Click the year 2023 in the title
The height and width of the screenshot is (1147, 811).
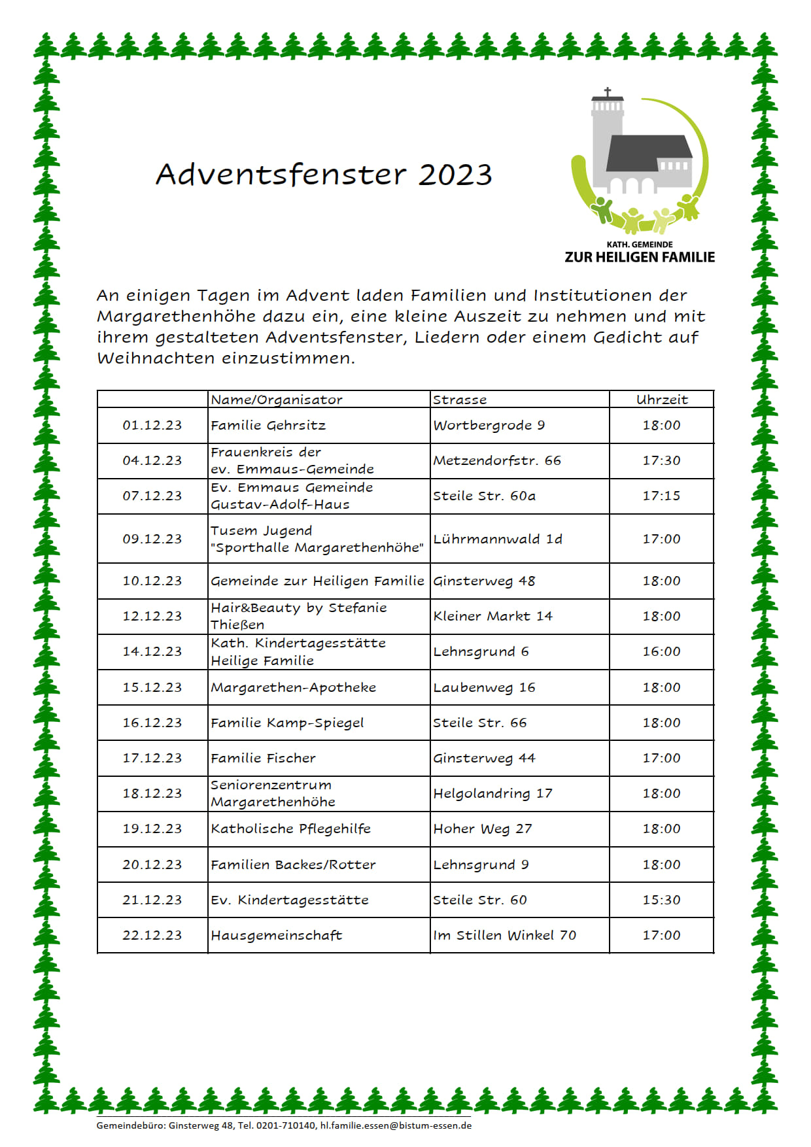click(455, 175)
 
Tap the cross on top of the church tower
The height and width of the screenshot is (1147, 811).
click(608, 93)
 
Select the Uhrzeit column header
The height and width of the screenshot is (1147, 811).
click(662, 400)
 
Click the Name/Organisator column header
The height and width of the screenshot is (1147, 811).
click(277, 400)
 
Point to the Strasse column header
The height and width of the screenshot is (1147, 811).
click(460, 400)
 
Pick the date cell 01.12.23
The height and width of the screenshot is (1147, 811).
click(152, 425)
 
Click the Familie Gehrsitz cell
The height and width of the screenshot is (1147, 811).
click(268, 425)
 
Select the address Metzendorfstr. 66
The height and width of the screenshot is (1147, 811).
click(497, 460)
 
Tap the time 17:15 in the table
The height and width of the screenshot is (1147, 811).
click(661, 496)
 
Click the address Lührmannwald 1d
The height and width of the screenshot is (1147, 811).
click(498, 539)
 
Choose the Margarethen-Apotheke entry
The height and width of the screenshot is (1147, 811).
click(294, 687)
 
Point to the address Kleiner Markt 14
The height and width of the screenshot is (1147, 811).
click(492, 616)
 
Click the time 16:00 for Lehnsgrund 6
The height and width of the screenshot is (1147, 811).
click(661, 651)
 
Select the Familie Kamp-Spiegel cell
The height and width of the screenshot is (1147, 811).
click(287, 723)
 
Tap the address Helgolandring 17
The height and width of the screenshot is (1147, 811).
click(492, 793)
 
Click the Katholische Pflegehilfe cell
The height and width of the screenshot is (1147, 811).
click(290, 829)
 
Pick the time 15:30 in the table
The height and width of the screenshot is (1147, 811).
click(661, 900)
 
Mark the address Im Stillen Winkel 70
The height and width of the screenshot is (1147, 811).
click(504, 935)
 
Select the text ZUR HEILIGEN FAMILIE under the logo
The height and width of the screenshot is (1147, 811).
click(640, 257)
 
